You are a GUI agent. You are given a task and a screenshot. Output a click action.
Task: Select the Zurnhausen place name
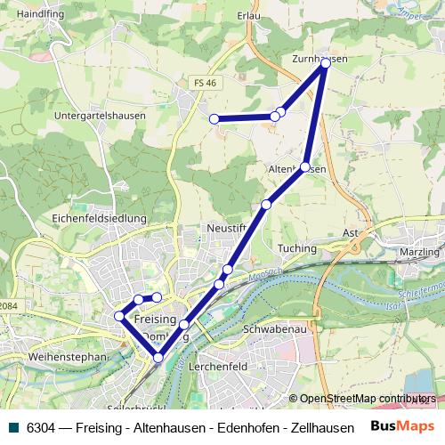point(319,58)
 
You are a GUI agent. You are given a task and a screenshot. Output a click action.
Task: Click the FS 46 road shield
point(204,83)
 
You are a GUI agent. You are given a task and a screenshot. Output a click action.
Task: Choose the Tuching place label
point(297,248)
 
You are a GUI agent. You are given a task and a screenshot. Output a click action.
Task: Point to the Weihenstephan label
point(53,357)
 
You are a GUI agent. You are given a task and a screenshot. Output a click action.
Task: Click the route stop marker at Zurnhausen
point(326,63)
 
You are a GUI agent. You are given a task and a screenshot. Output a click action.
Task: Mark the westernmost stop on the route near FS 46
point(214,119)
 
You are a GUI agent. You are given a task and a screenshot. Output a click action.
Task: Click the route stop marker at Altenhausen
point(305,167)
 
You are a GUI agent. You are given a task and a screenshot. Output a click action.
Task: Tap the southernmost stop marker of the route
point(158,359)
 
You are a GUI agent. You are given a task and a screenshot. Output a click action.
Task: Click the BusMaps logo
point(403,426)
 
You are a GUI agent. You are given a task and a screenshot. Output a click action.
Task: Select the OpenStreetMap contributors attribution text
point(368,399)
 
